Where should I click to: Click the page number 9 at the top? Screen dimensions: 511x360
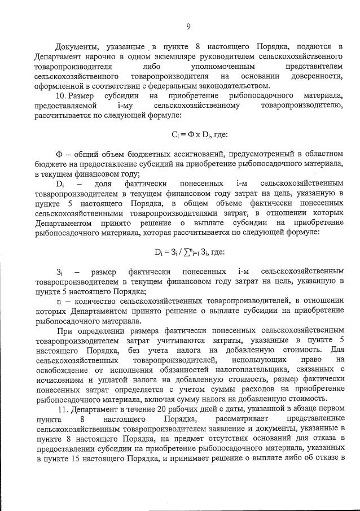[188, 25]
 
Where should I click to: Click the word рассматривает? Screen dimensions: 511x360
[240, 420]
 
